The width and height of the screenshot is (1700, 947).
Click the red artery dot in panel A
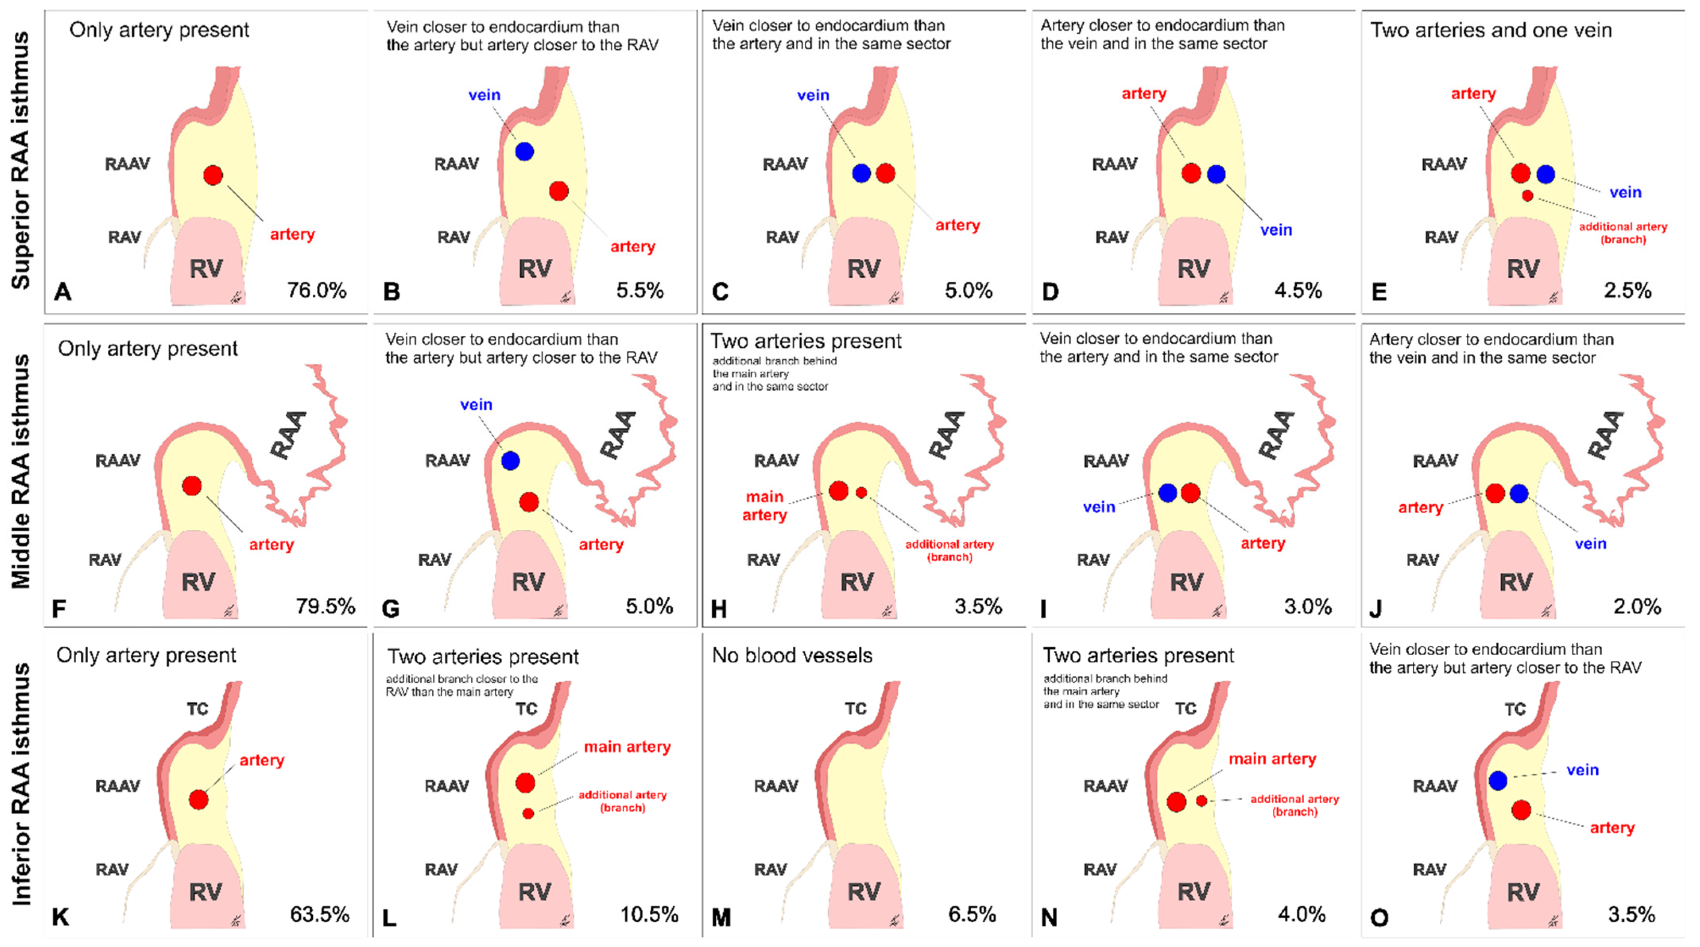point(213,176)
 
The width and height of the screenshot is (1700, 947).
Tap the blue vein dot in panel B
point(524,152)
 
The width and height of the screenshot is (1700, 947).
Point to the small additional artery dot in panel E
point(1527,196)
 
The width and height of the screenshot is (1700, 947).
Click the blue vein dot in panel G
point(510,461)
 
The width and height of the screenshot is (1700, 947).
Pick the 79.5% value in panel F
point(325,606)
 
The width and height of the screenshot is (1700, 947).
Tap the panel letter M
point(721,917)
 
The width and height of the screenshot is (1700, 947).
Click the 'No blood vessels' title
point(792,655)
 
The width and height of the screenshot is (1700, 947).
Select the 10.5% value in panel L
point(649,915)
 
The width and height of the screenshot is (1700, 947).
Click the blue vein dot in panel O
point(1498,781)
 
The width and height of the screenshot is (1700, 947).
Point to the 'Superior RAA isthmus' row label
point(21,161)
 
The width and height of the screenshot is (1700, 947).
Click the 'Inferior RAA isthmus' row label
point(21,783)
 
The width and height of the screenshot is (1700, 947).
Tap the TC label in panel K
point(197,709)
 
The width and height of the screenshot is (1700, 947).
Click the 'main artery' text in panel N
point(1272,759)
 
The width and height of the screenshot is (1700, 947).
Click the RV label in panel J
point(1516,582)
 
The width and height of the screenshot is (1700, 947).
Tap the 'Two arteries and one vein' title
point(1491,30)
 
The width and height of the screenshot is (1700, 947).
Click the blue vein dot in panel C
point(861,174)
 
